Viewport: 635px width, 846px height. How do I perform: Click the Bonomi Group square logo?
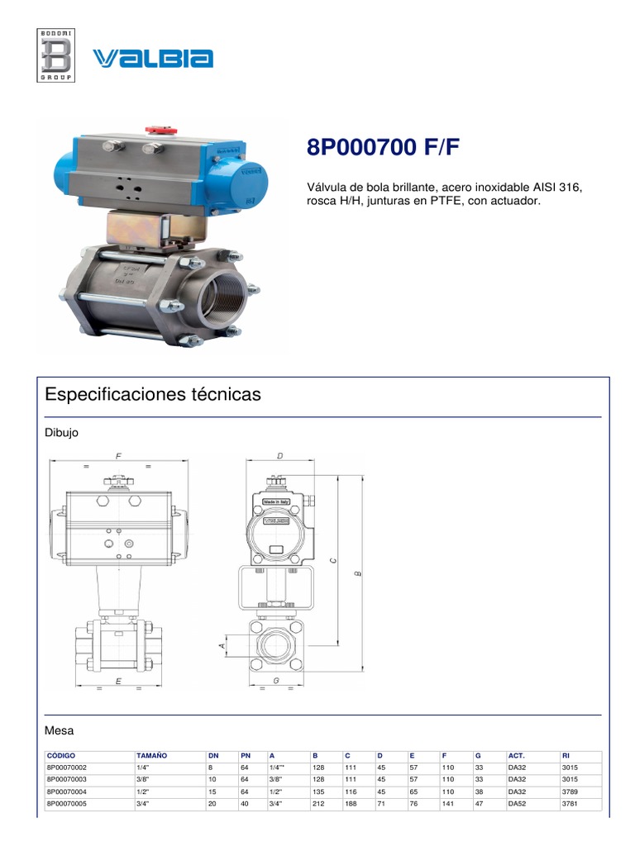pos(56,55)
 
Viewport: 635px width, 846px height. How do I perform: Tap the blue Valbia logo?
pos(153,58)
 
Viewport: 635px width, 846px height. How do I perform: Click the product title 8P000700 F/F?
pos(383,148)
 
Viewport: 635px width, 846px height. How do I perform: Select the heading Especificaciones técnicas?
pos(152,395)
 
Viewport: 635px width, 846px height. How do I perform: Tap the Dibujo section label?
pos(61,433)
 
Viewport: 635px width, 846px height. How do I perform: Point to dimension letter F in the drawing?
pos(119,456)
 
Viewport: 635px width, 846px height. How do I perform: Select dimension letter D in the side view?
pos(280,456)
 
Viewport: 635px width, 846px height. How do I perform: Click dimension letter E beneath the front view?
pos(119,681)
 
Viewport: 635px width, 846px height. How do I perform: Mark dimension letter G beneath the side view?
pos(277,681)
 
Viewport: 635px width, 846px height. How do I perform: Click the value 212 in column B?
pos(318,802)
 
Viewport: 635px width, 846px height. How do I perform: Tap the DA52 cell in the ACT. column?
pos(517,802)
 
